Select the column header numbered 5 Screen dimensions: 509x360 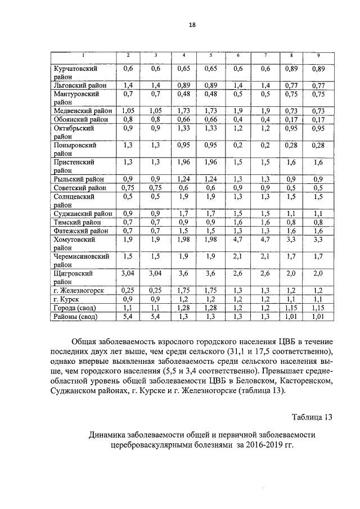pos(210,55)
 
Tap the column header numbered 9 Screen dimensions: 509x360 pos(318,55)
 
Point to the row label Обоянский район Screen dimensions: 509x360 pos(80,120)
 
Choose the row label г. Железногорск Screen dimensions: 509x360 pos(80,291)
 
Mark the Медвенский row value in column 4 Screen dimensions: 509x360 pos(184,111)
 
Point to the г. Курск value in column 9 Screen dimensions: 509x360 pos(318,300)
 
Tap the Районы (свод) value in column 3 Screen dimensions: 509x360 pos(156,317)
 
